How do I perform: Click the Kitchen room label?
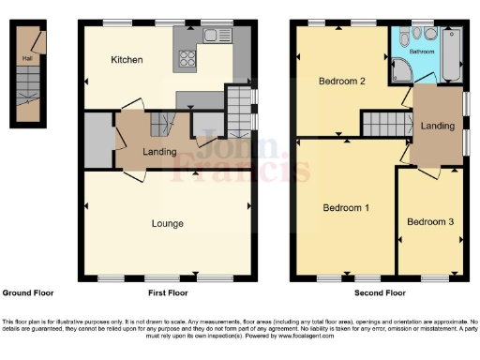127,60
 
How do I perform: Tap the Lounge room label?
168,223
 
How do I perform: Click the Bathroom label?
421,52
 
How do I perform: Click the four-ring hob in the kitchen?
185,59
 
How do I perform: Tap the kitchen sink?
217,37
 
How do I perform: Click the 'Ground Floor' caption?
23,292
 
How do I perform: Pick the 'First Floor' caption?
166,292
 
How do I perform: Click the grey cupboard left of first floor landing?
97,141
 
